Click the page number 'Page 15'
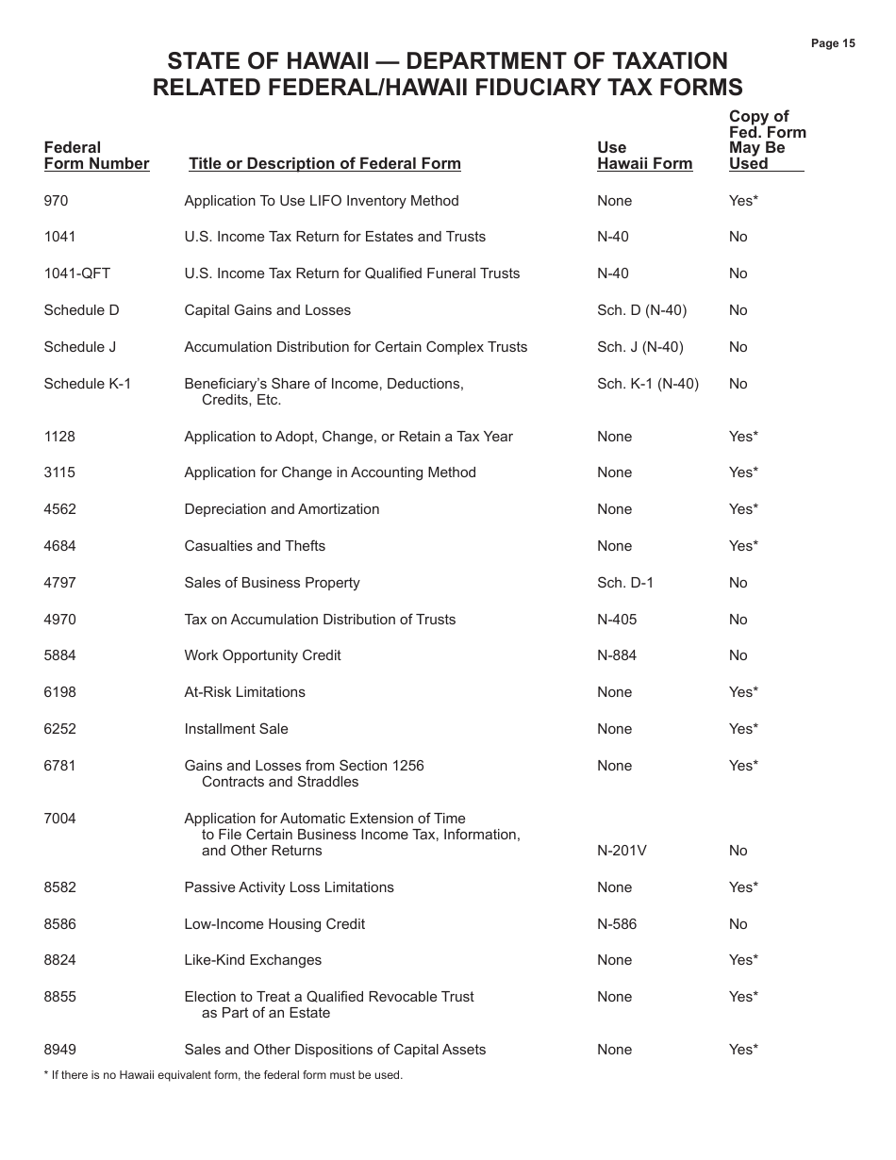tap(833, 43)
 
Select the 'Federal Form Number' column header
tap(96, 156)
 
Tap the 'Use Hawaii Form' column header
tap(644, 156)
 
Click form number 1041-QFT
tap(76, 273)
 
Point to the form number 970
tap(56, 201)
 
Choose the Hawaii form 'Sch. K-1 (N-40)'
tap(648, 384)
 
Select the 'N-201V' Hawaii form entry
tap(622, 851)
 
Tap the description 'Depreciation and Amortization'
tap(281, 509)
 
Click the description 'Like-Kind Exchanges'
tap(253, 960)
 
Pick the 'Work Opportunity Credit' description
tap(262, 655)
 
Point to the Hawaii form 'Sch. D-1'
tap(624, 583)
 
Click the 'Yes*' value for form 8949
tap(743, 1050)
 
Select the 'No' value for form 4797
tap(738, 583)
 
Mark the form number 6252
tap(59, 729)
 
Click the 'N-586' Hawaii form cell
tap(617, 924)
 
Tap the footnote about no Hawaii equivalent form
tap(223, 1075)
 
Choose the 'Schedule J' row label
tap(79, 347)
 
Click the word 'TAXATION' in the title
tap(652, 61)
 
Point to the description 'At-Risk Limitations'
tap(244, 692)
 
